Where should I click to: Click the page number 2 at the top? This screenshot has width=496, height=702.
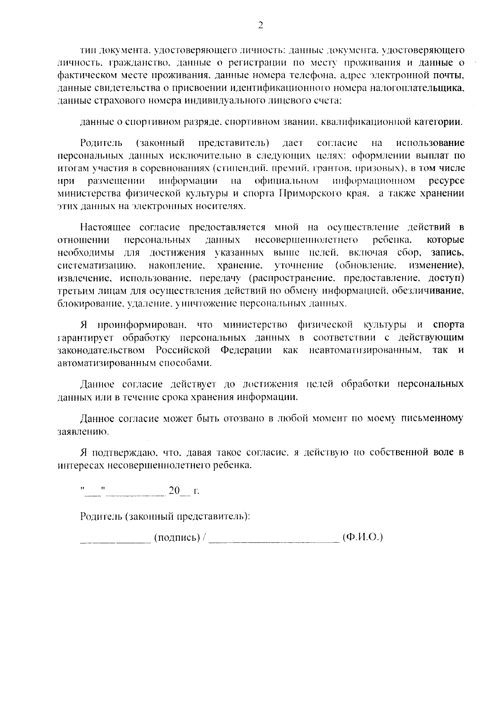coord(260,26)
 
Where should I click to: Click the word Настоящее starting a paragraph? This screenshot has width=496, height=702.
coord(106,227)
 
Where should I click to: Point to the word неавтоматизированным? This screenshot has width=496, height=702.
coord(365,350)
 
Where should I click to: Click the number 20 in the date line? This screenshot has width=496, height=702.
coord(174,491)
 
